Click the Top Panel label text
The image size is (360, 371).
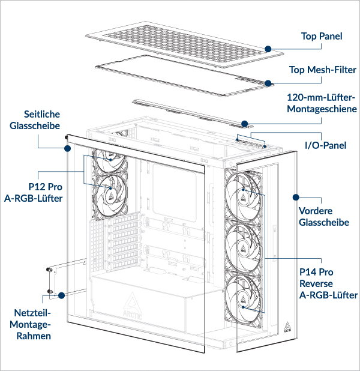pos(322,37)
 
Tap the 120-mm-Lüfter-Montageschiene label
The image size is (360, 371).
pos(322,103)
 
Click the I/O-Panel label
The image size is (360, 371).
pos(326,145)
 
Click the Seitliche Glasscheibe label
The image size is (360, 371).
pos(42,120)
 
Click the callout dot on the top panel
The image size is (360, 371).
pos(268,47)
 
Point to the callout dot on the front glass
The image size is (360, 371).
pos(295,197)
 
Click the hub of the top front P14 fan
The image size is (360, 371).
pos(244,192)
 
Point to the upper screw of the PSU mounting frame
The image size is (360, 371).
pos(49,270)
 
